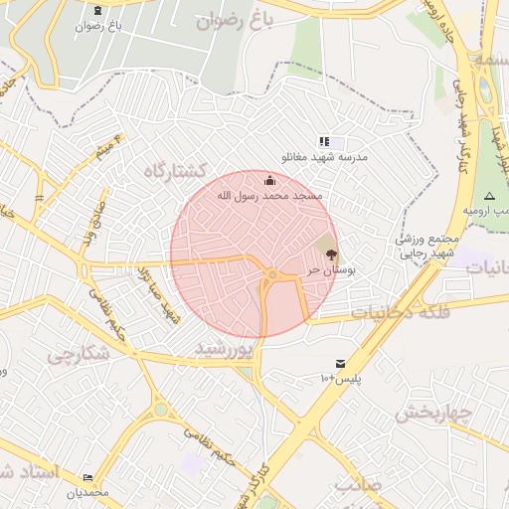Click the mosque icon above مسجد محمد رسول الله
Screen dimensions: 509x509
tap(270, 180)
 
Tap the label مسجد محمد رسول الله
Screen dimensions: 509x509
tap(270, 196)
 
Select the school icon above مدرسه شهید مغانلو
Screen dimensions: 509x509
tap(324, 143)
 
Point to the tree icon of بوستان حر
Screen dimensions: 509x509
tap(331, 254)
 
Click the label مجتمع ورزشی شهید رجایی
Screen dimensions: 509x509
tap(429, 246)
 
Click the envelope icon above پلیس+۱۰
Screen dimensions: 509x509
tap(341, 364)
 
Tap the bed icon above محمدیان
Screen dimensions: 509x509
tap(87, 478)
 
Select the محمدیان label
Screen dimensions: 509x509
tap(86, 493)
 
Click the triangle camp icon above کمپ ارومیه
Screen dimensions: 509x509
tap(489, 196)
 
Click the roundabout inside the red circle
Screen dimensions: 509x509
tap(271, 274)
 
